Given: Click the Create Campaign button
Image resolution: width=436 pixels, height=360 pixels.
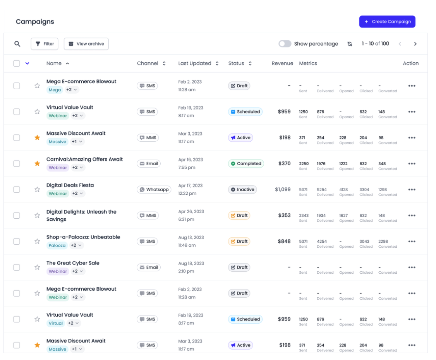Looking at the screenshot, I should pyautogui.click(x=387, y=22).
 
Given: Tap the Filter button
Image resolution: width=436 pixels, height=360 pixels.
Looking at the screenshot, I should pyautogui.click(x=45, y=44).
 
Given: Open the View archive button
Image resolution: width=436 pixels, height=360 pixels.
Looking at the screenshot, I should pyautogui.click(x=86, y=44).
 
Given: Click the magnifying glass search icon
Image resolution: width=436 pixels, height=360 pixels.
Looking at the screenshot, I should pyautogui.click(x=17, y=44).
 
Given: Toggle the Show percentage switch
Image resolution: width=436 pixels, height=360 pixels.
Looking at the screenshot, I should pyautogui.click(x=285, y=44).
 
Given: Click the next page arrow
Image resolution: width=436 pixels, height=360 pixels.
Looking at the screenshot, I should pyautogui.click(x=415, y=44).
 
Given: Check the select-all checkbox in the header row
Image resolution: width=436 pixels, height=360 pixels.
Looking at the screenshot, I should pyautogui.click(x=17, y=63).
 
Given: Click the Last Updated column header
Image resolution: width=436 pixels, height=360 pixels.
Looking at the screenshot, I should pyautogui.click(x=195, y=63).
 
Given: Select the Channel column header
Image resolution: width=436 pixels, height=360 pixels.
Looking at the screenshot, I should pyautogui.click(x=148, y=63).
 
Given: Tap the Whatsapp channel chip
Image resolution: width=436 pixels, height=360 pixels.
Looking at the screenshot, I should pyautogui.click(x=154, y=190).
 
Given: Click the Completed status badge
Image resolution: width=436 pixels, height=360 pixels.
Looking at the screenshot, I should pyautogui.click(x=245, y=164).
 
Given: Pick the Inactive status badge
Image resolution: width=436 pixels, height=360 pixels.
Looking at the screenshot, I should pyautogui.click(x=242, y=190).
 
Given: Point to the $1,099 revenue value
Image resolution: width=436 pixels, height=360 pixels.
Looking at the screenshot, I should pyautogui.click(x=283, y=190).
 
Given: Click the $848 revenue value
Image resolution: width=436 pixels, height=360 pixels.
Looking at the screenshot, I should pyautogui.click(x=284, y=242).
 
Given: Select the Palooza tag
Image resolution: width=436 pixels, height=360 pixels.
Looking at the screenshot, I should pyautogui.click(x=57, y=245).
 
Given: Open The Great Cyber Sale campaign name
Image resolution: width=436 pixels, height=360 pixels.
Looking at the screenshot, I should pyautogui.click(x=73, y=263).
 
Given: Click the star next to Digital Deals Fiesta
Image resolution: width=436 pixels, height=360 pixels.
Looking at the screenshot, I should pyautogui.click(x=37, y=190).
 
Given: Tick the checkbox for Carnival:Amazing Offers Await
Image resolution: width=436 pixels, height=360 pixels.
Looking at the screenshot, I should pyautogui.click(x=17, y=164).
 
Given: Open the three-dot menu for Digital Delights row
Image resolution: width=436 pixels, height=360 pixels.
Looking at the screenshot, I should pyautogui.click(x=412, y=216).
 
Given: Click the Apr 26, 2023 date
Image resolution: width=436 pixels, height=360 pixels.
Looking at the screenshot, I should pyautogui.click(x=191, y=212).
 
